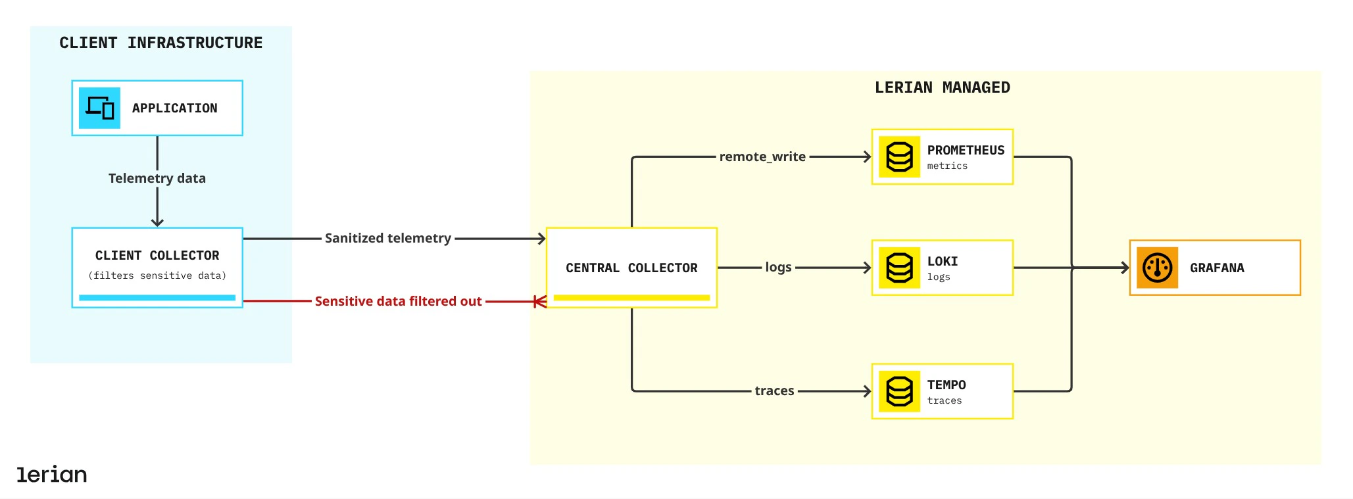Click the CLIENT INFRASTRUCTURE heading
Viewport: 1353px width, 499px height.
pyautogui.click(x=160, y=43)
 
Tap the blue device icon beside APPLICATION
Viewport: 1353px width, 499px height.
pyautogui.click(x=99, y=108)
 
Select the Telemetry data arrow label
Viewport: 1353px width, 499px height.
pyautogui.click(x=157, y=178)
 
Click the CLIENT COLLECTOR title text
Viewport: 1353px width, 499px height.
pyautogui.click(x=157, y=255)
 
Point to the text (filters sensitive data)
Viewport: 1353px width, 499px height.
pyautogui.click(x=157, y=275)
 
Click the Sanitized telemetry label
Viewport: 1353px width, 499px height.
pyautogui.click(x=387, y=238)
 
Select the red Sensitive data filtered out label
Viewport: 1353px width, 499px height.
pyautogui.click(x=398, y=301)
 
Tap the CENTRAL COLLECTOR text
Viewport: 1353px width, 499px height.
pyautogui.click(x=631, y=268)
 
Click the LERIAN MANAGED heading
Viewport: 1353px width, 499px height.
pyautogui.click(x=942, y=87)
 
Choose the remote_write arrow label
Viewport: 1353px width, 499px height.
pyautogui.click(x=762, y=156)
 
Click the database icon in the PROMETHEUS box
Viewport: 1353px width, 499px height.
pyautogui.click(x=899, y=157)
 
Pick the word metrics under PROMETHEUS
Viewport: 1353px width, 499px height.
pyautogui.click(x=947, y=166)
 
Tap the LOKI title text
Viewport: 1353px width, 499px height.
pyautogui.click(x=943, y=261)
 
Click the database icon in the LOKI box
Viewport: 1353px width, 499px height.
pyautogui.click(x=899, y=268)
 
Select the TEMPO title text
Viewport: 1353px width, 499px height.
pyautogui.click(x=947, y=385)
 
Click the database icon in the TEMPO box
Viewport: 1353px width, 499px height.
pyautogui.click(x=899, y=391)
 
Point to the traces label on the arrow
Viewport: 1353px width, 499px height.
pyautogui.click(x=774, y=391)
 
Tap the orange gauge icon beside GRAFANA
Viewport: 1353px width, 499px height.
pyautogui.click(x=1157, y=268)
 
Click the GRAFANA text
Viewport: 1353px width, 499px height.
pyautogui.click(x=1217, y=268)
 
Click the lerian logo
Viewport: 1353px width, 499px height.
pyautogui.click(x=52, y=474)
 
